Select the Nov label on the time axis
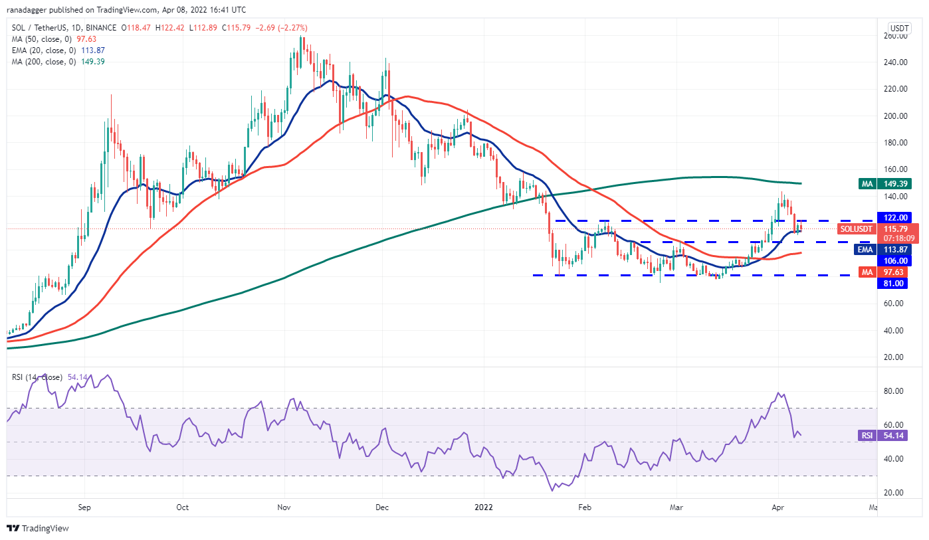tap(284, 507)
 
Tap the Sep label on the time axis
tap(84, 507)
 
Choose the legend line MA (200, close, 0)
tap(58, 62)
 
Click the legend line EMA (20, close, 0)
tap(58, 50)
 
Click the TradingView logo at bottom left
tap(38, 529)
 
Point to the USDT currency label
tap(899, 28)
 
